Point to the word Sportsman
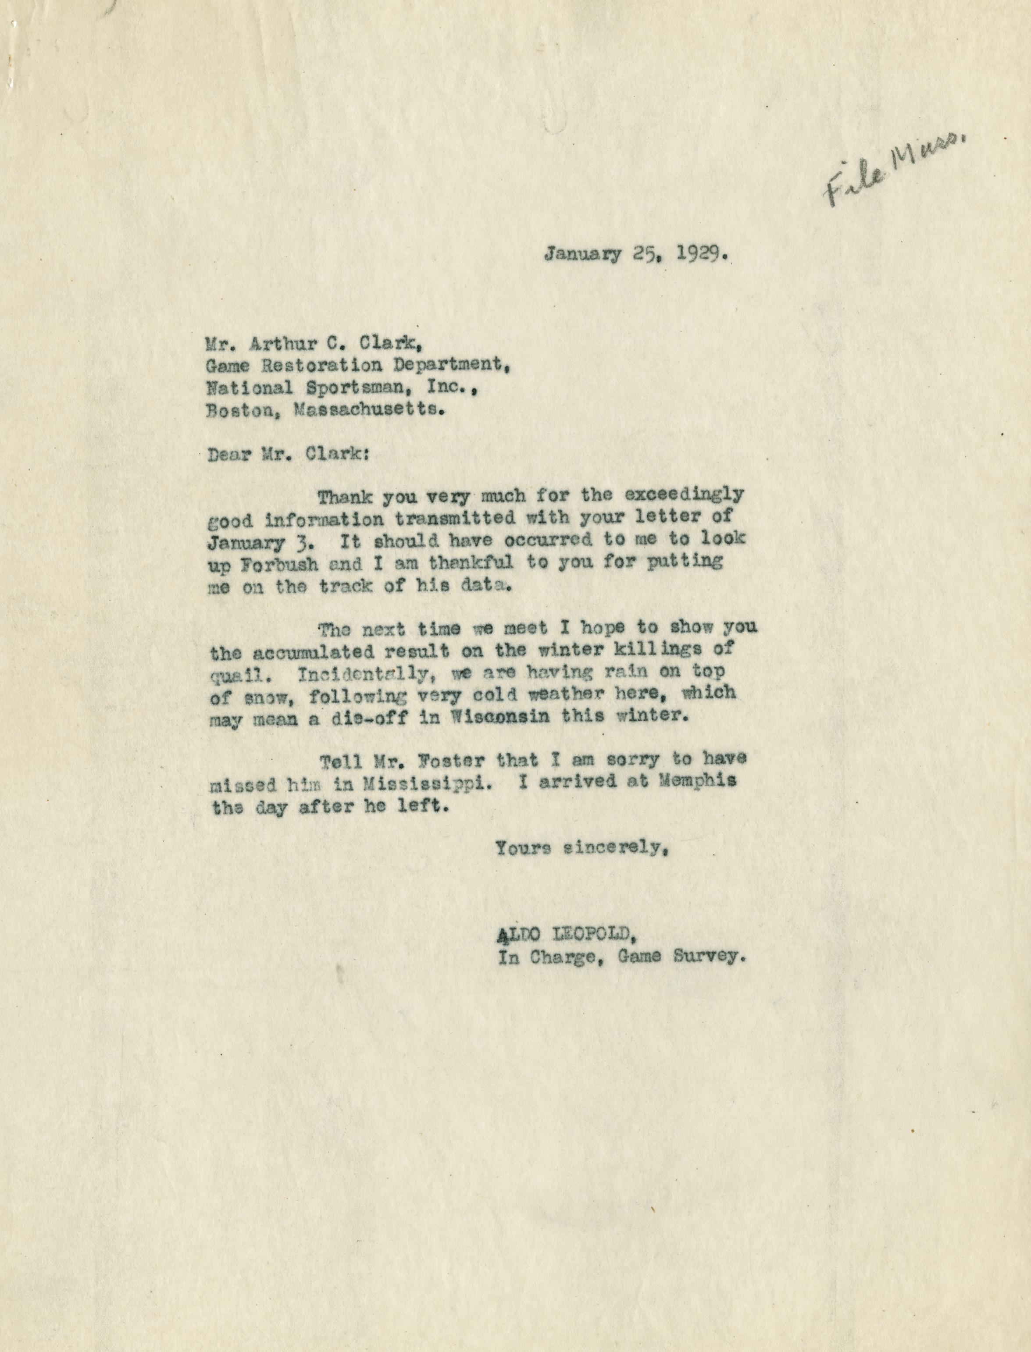point(346,388)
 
